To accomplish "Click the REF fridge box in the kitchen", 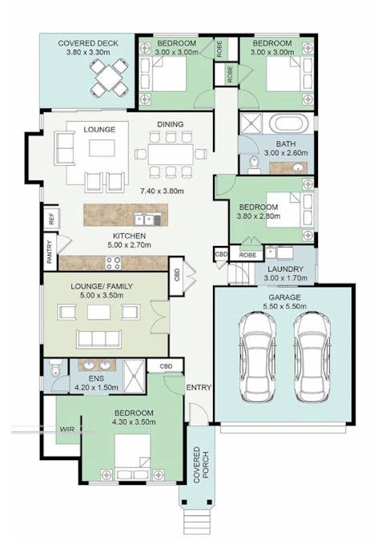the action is pos(52,218).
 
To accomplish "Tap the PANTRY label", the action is pos(50,252).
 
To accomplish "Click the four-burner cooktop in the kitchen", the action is pos(113,263).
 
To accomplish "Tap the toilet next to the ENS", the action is pos(54,369).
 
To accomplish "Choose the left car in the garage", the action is pos(257,357).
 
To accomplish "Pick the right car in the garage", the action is pos(312,357).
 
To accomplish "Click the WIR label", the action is pos(67,430).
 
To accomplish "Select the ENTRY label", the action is pos(199,387).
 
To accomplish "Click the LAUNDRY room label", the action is pos(285,269).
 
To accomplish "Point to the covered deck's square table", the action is pos(109,77).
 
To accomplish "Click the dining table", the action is pos(171,154).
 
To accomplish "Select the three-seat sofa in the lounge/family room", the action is pos(99,338).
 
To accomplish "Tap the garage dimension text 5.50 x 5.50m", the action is pos(285,306).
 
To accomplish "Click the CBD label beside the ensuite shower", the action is pos(166,366).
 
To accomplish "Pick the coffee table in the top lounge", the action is pos(102,147).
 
